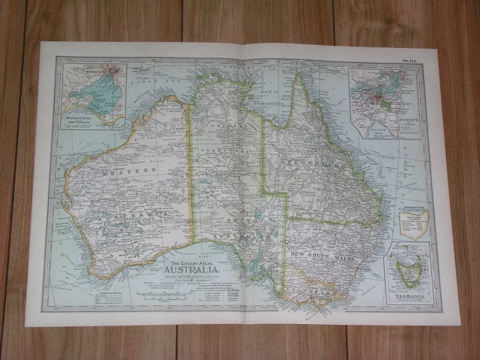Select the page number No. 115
(411, 63)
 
